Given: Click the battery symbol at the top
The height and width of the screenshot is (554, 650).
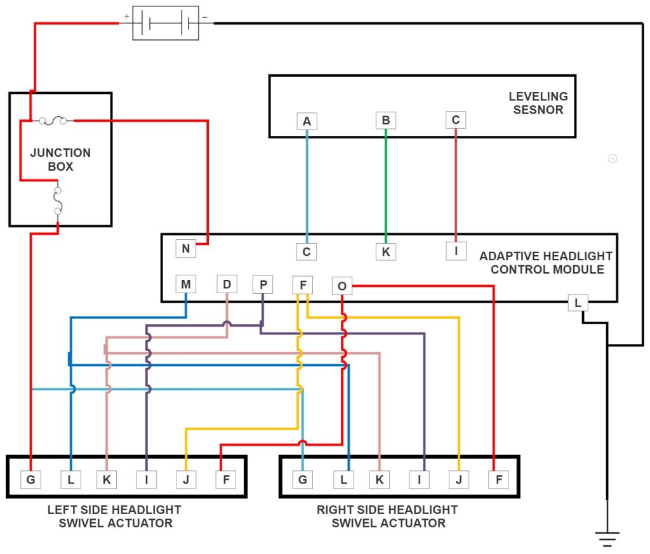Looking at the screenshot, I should click(165, 24).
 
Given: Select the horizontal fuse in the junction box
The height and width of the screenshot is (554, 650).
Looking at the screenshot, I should click(56, 120).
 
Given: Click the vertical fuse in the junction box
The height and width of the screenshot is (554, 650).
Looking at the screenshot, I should click(58, 200).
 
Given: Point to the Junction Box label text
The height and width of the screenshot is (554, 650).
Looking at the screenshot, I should click(60, 160).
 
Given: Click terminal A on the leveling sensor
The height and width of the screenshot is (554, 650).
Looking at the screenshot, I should click(307, 121).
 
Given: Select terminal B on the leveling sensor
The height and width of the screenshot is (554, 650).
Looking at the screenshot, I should click(385, 120).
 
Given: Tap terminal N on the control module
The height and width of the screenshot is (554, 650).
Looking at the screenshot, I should click(185, 248).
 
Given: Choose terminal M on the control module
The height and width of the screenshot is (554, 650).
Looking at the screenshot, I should click(185, 284).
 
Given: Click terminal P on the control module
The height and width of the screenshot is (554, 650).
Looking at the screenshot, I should click(262, 284).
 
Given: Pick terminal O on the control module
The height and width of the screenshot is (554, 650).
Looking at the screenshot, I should click(342, 286).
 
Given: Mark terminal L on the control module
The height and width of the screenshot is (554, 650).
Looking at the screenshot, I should click(577, 303).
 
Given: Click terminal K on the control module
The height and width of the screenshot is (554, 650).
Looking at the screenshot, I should click(385, 251).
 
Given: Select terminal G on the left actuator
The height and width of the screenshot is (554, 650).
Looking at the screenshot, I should click(30, 480).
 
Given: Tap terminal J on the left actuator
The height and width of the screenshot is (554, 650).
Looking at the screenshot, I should click(185, 480).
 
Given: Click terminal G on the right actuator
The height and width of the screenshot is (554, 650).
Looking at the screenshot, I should click(302, 480).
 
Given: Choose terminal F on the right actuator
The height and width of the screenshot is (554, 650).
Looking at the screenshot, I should click(499, 480).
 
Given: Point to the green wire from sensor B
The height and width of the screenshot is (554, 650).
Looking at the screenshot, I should click(385, 184).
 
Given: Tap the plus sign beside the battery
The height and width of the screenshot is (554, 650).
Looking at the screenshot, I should click(127, 15).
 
